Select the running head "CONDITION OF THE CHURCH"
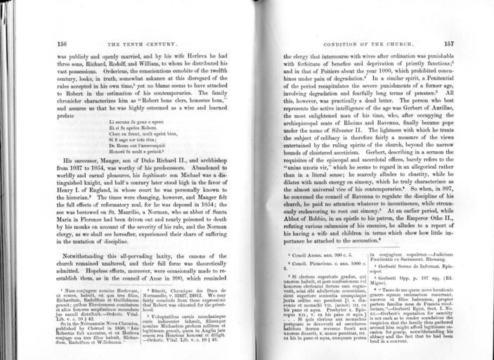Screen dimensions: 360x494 pos(369,44)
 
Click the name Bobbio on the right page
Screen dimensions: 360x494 pos(311,215)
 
